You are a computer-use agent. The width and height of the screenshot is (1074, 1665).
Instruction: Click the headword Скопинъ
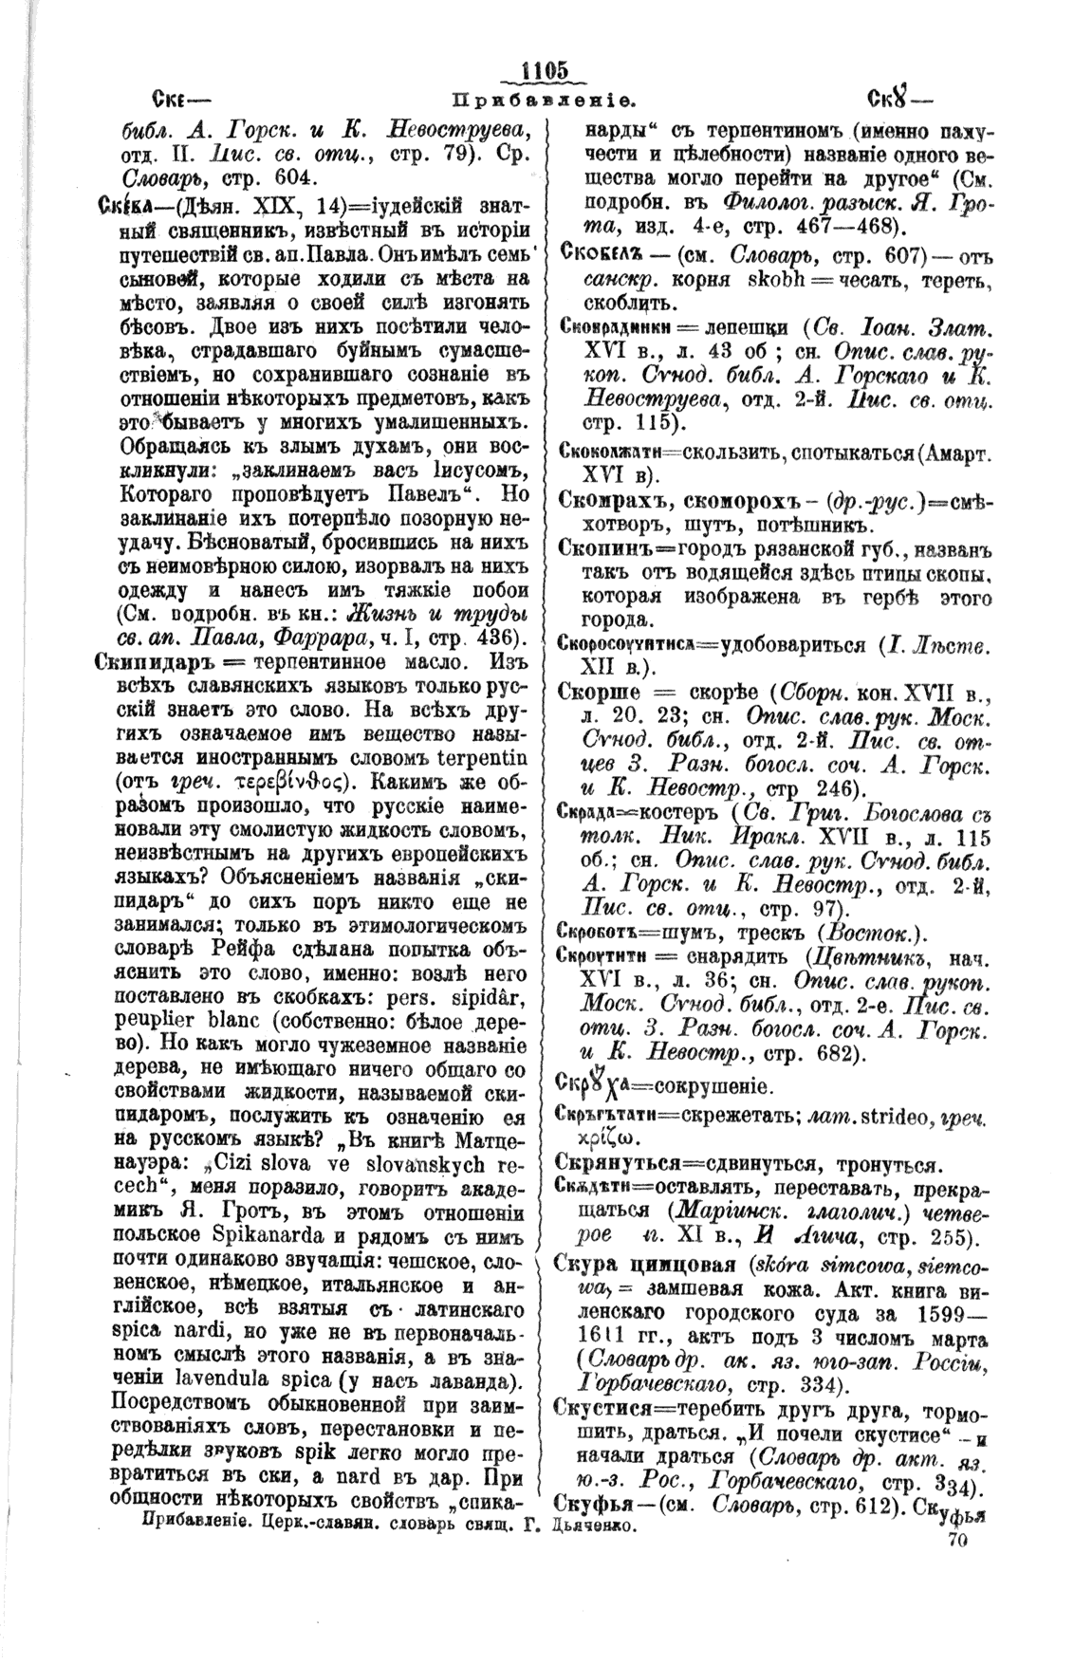(604, 548)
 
